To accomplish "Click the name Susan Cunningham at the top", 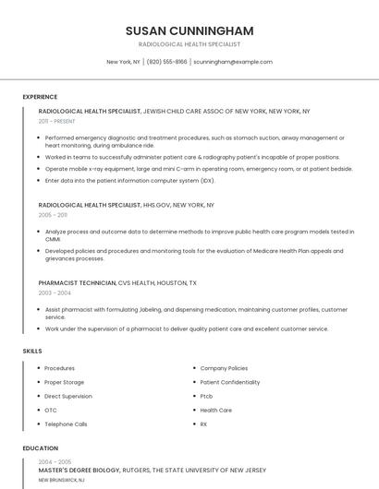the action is [x=189, y=30].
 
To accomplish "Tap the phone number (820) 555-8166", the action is [x=166, y=62].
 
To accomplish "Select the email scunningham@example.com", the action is [x=233, y=62].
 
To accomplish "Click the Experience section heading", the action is [x=40, y=95].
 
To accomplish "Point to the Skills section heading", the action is [x=32, y=351].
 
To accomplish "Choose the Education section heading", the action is [x=40, y=448].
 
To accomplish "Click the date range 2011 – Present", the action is [x=56, y=121].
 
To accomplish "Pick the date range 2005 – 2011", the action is [x=52, y=214].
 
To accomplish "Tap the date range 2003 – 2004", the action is [x=53, y=292].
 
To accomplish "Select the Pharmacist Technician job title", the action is [x=78, y=282].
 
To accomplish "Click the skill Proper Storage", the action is [x=64, y=382].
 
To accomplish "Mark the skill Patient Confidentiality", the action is [x=230, y=382].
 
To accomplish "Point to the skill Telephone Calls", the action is [x=66, y=423].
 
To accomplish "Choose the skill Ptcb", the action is [x=206, y=396].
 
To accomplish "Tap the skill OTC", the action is [x=51, y=410].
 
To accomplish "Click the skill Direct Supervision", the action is [x=68, y=396].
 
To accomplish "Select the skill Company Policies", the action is [x=224, y=368].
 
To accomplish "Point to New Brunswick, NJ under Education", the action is [x=61, y=481].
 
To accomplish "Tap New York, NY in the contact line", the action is [x=123, y=62].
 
